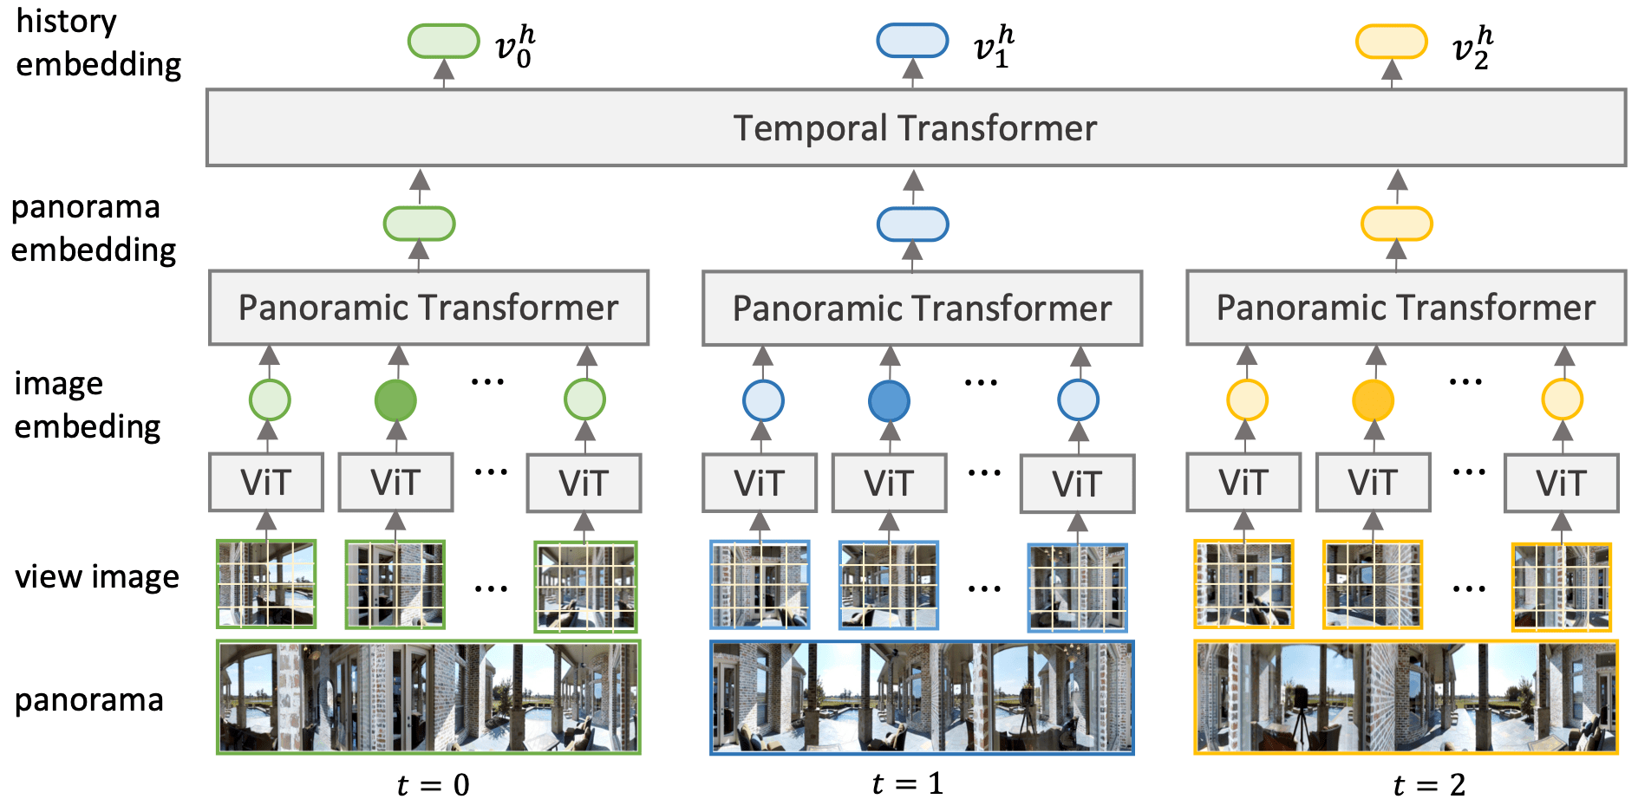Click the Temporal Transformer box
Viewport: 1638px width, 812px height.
[915, 127]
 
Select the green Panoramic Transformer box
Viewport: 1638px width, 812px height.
[428, 308]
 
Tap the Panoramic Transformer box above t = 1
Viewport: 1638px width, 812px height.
[922, 309]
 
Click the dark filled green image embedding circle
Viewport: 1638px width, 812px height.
[395, 400]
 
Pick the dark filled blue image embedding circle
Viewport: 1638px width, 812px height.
[889, 400]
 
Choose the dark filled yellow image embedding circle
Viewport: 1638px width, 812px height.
[1373, 400]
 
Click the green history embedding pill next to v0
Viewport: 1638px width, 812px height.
[443, 42]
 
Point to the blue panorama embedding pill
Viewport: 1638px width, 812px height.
[912, 224]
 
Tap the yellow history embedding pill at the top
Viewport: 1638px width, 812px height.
[1391, 42]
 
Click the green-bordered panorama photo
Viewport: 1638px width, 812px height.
[428, 698]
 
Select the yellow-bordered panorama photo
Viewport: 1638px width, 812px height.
[1406, 698]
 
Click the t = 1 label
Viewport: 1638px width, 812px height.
[907, 783]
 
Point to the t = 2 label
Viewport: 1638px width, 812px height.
[1428, 785]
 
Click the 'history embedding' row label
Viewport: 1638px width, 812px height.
[97, 43]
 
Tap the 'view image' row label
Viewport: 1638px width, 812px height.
[96, 577]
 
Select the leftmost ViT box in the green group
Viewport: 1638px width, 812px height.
[266, 483]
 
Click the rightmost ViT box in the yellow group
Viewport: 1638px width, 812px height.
[1561, 484]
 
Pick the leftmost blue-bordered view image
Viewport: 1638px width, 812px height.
[760, 585]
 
